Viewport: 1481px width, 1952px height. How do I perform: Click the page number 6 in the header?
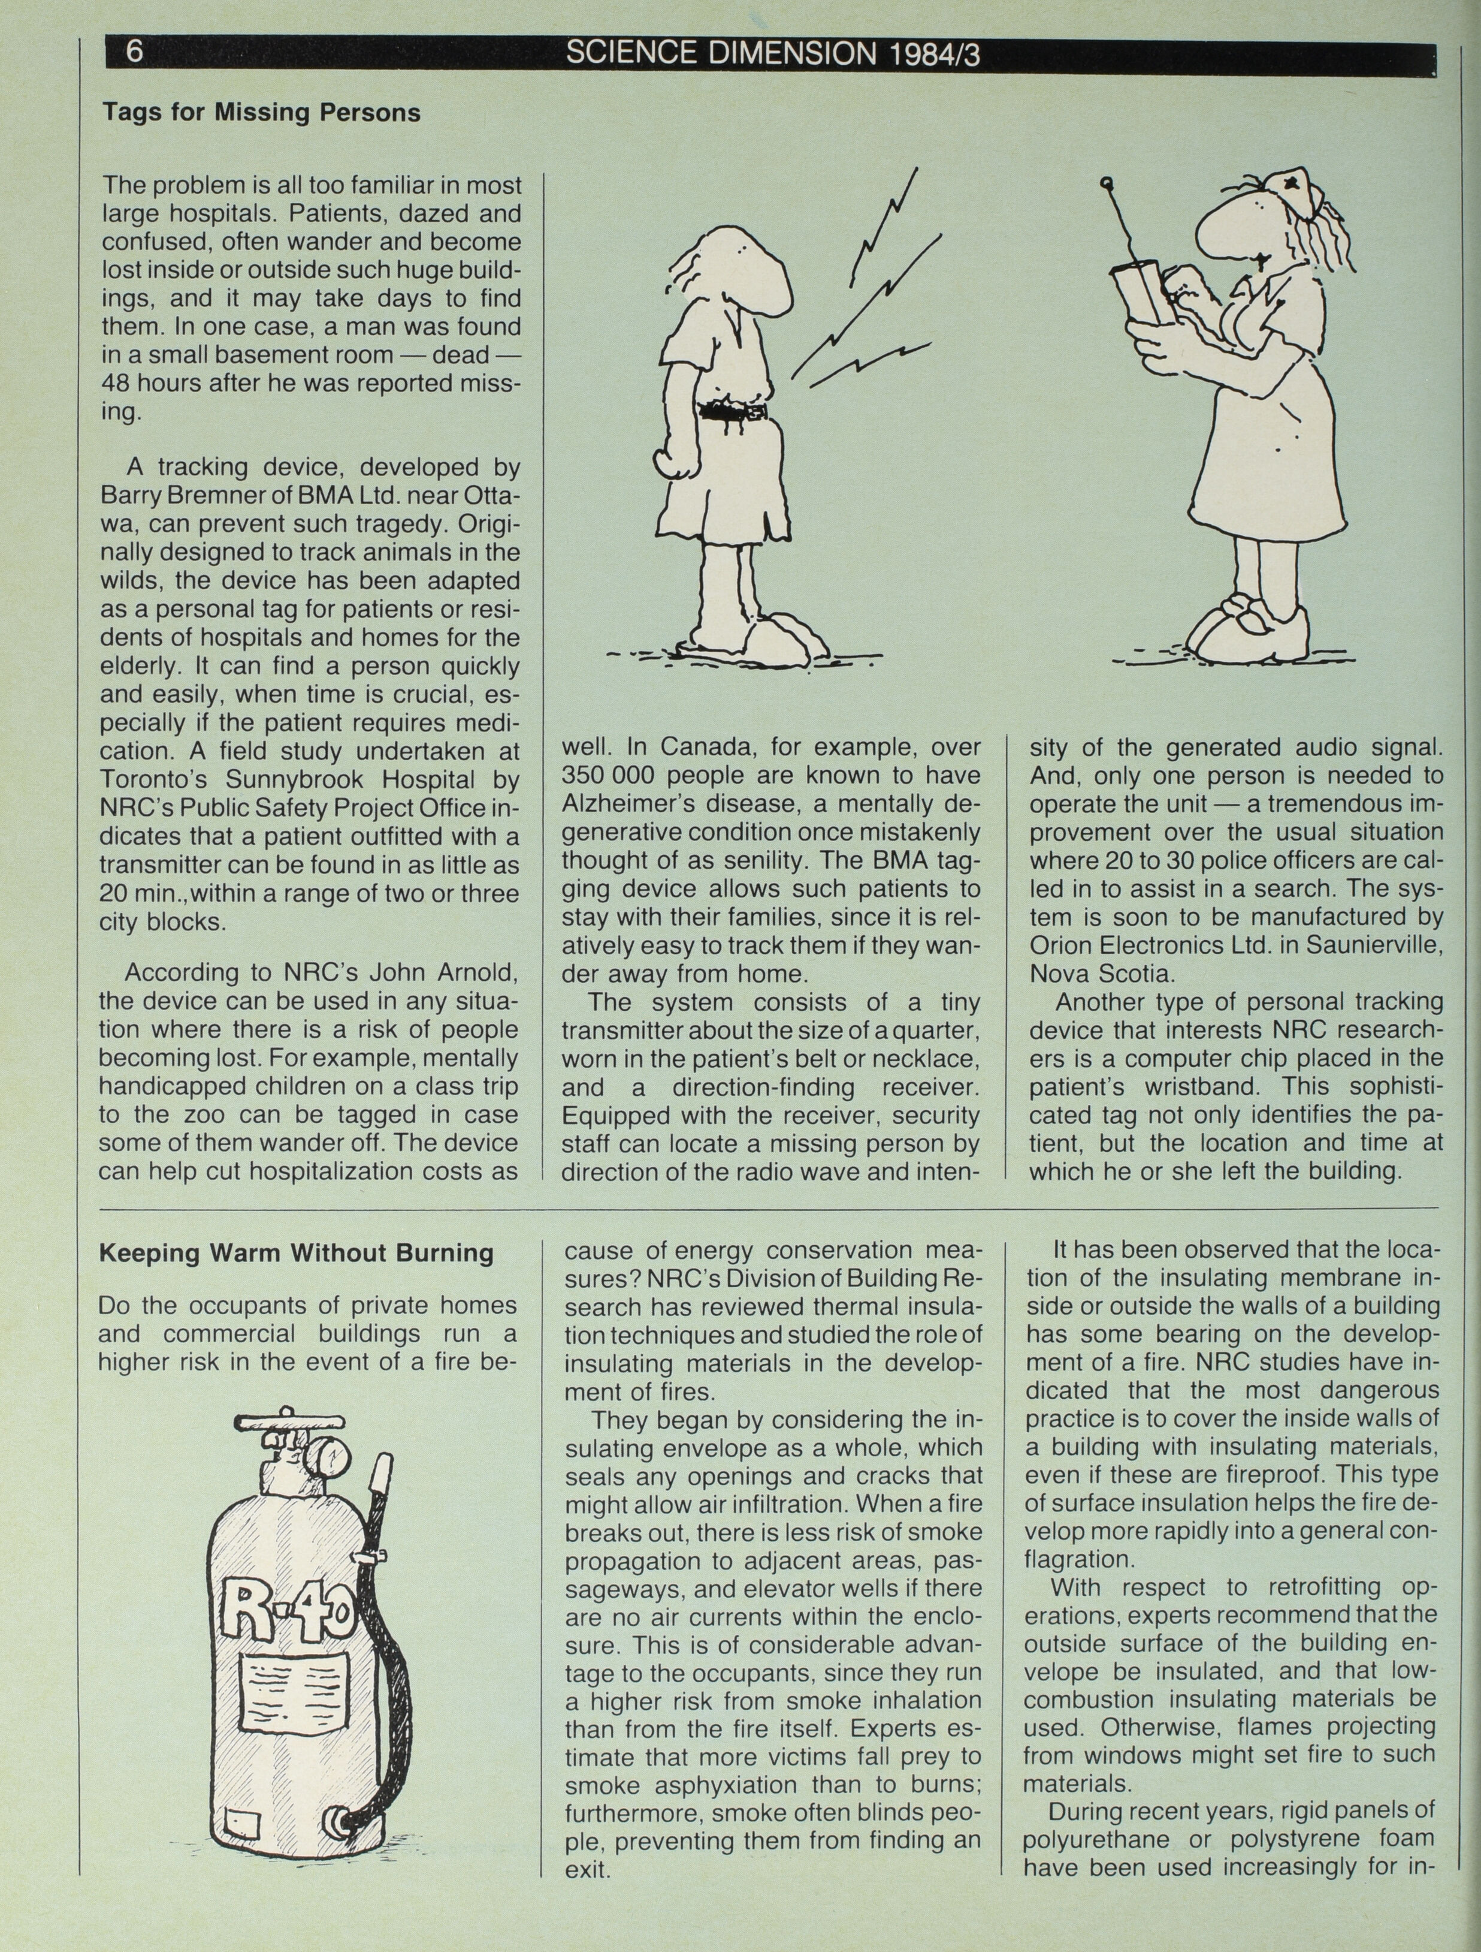tap(135, 53)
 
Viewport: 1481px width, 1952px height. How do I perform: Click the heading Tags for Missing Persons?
tap(261, 113)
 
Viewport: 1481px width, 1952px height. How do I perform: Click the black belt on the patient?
tap(733, 412)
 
